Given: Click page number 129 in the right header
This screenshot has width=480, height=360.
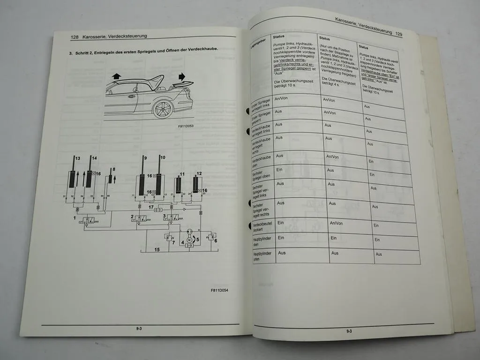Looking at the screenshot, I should [399, 34].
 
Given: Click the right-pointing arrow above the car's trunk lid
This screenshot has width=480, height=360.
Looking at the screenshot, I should [182, 76].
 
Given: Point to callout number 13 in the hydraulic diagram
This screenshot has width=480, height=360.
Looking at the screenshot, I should [78, 158].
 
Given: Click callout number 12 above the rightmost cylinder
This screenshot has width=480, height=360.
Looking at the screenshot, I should [199, 173].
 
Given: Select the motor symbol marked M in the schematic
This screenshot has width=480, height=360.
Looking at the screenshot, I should [189, 240].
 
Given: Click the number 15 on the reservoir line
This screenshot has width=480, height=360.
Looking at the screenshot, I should [157, 249].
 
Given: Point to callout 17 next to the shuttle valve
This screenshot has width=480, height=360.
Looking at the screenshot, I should [151, 206].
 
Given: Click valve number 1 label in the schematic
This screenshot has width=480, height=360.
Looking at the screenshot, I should [74, 218].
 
